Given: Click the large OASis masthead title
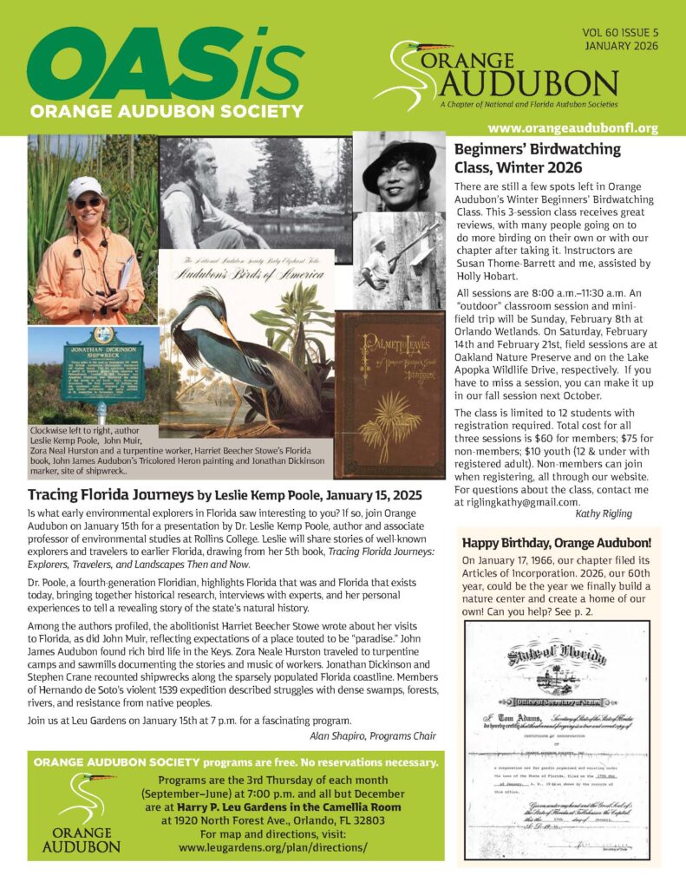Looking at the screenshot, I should click(x=165, y=65).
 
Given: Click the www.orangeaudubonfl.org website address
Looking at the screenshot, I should click(x=572, y=127).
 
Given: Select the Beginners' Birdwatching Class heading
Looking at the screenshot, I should click(x=538, y=157).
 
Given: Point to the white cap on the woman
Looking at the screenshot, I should click(x=84, y=186).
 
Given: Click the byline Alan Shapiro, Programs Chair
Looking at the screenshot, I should click(x=372, y=735).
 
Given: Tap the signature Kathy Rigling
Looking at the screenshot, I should click(x=621, y=515).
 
